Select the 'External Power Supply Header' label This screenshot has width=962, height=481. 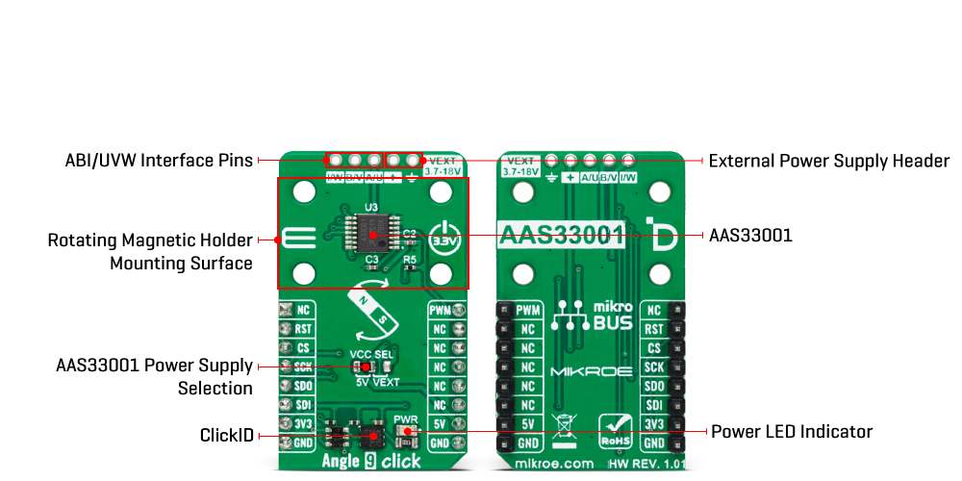(828, 161)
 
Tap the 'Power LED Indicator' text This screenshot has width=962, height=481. (792, 431)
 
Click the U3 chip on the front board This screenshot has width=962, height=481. (369, 232)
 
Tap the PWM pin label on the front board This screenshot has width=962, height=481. (440, 310)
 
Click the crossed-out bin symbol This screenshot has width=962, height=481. (564, 426)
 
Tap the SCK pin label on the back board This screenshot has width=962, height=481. (655, 367)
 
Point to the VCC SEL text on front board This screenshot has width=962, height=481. (372, 356)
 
